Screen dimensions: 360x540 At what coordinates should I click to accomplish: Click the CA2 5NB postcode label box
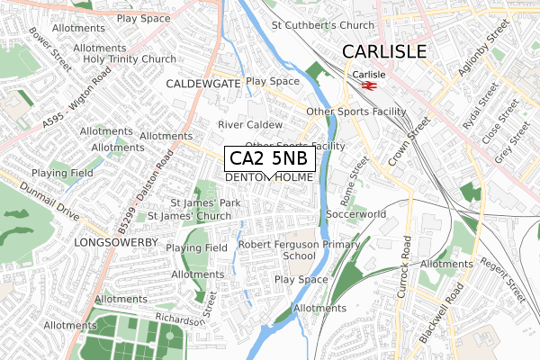point(269,158)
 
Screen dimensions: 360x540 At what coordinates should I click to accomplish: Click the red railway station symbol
point(368,86)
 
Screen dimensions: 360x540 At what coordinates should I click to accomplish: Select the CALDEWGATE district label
point(203,82)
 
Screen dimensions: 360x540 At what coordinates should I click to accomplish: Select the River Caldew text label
point(250,124)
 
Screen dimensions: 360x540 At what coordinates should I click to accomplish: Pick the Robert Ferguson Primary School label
point(299,249)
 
